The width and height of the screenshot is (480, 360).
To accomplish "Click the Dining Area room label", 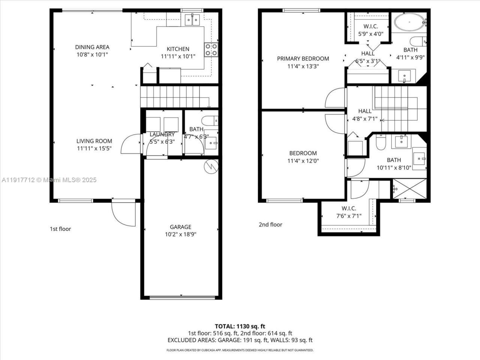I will [x=92, y=47].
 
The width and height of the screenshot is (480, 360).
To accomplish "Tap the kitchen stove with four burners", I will [x=211, y=49].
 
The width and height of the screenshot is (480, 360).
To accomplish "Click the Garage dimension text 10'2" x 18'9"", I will [x=180, y=234].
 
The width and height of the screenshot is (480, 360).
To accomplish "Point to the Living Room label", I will [x=94, y=141].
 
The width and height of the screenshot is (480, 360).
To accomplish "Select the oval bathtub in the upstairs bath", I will [x=409, y=23].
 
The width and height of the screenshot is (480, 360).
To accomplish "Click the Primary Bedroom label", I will [x=303, y=58].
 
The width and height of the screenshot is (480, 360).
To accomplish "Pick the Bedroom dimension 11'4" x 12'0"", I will [x=303, y=160].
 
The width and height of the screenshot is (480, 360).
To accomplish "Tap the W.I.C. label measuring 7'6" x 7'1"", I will [x=349, y=216].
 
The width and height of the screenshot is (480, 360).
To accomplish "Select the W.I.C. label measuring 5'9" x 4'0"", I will [x=371, y=34].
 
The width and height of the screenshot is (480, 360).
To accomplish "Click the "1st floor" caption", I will [x=60, y=229].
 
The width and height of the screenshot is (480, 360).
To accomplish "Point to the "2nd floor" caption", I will [x=270, y=225].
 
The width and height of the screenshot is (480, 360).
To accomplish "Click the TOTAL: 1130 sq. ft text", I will [x=240, y=326].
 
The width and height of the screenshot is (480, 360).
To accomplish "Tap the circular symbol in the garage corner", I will [x=210, y=166].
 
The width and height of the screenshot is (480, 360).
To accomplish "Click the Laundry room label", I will [x=162, y=134].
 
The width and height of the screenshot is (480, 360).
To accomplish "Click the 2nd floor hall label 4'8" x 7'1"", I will [x=365, y=111].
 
